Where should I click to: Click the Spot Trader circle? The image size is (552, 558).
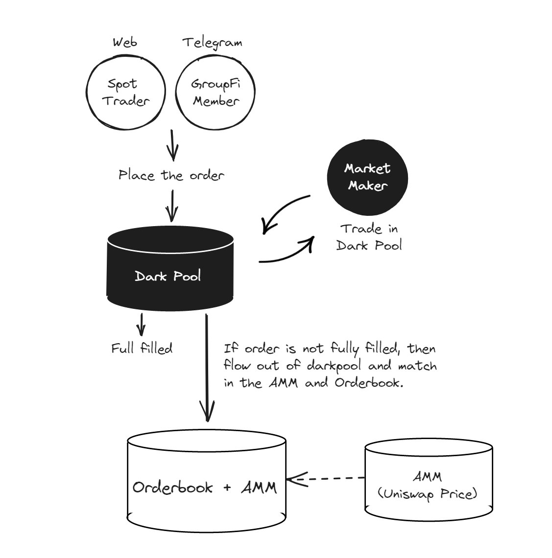coord(125,92)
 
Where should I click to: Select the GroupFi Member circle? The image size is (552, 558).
coord(216,92)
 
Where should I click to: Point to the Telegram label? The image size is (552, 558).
coord(212,43)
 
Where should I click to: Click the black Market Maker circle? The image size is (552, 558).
coord(367,177)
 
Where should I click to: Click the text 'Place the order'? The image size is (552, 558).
coord(171,175)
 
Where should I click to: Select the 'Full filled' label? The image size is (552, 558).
coord(142,349)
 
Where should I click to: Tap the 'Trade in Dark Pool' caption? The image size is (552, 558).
coord(369,236)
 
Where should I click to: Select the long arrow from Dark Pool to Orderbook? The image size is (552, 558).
coord(208,367)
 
